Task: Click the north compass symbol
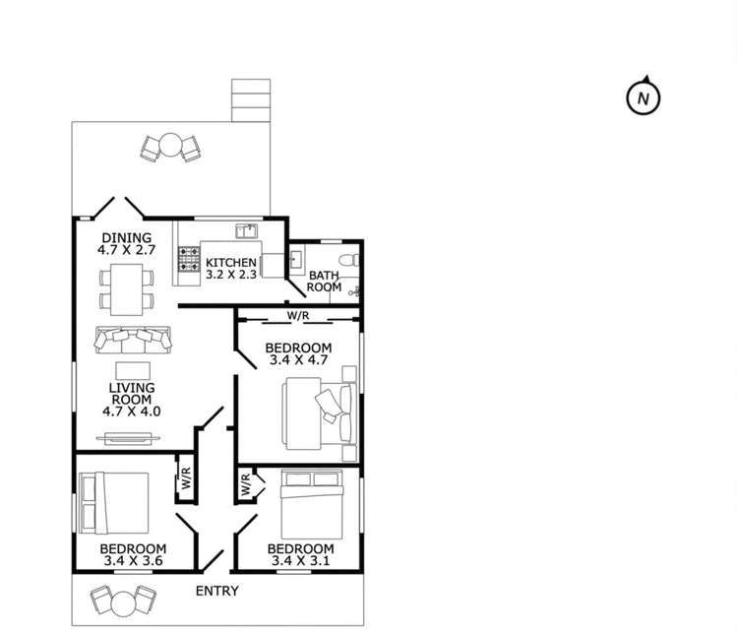click(644, 97)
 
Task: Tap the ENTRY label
click(217, 591)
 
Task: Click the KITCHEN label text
click(231, 263)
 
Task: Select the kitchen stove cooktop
click(189, 260)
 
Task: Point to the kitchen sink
click(247, 231)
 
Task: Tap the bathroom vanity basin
click(296, 259)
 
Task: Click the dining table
click(126, 289)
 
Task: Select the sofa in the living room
click(133, 339)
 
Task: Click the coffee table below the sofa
click(133, 370)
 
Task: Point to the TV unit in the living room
click(128, 438)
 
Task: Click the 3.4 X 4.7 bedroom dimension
click(298, 360)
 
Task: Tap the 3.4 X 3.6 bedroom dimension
click(134, 560)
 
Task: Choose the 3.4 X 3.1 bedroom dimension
click(301, 560)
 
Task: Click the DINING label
click(127, 237)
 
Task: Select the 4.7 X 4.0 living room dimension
click(132, 412)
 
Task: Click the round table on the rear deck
click(170, 145)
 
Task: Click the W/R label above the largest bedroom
click(298, 316)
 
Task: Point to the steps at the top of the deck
click(251, 100)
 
